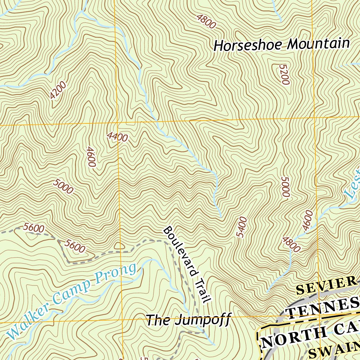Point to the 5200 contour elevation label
point(284,75)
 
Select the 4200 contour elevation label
point(58,90)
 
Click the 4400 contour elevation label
point(118,137)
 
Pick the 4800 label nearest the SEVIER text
point(291,245)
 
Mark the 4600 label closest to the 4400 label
point(91,157)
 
